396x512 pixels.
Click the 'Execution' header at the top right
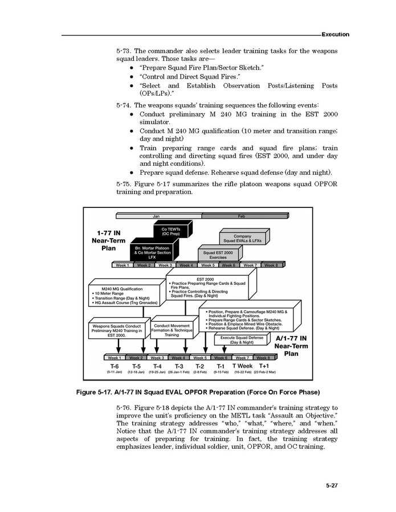click(x=335, y=35)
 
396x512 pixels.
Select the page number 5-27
click(x=333, y=485)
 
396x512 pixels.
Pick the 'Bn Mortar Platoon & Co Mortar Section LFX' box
click(x=153, y=252)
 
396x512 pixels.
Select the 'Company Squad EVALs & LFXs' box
click(x=242, y=238)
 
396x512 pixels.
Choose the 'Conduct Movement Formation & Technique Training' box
click(x=172, y=330)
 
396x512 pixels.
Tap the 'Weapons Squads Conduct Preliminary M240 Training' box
click(x=116, y=331)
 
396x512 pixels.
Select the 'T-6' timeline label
click(x=114, y=366)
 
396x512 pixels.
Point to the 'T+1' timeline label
click(x=264, y=366)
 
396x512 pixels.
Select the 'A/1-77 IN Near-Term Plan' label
click(x=291, y=346)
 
